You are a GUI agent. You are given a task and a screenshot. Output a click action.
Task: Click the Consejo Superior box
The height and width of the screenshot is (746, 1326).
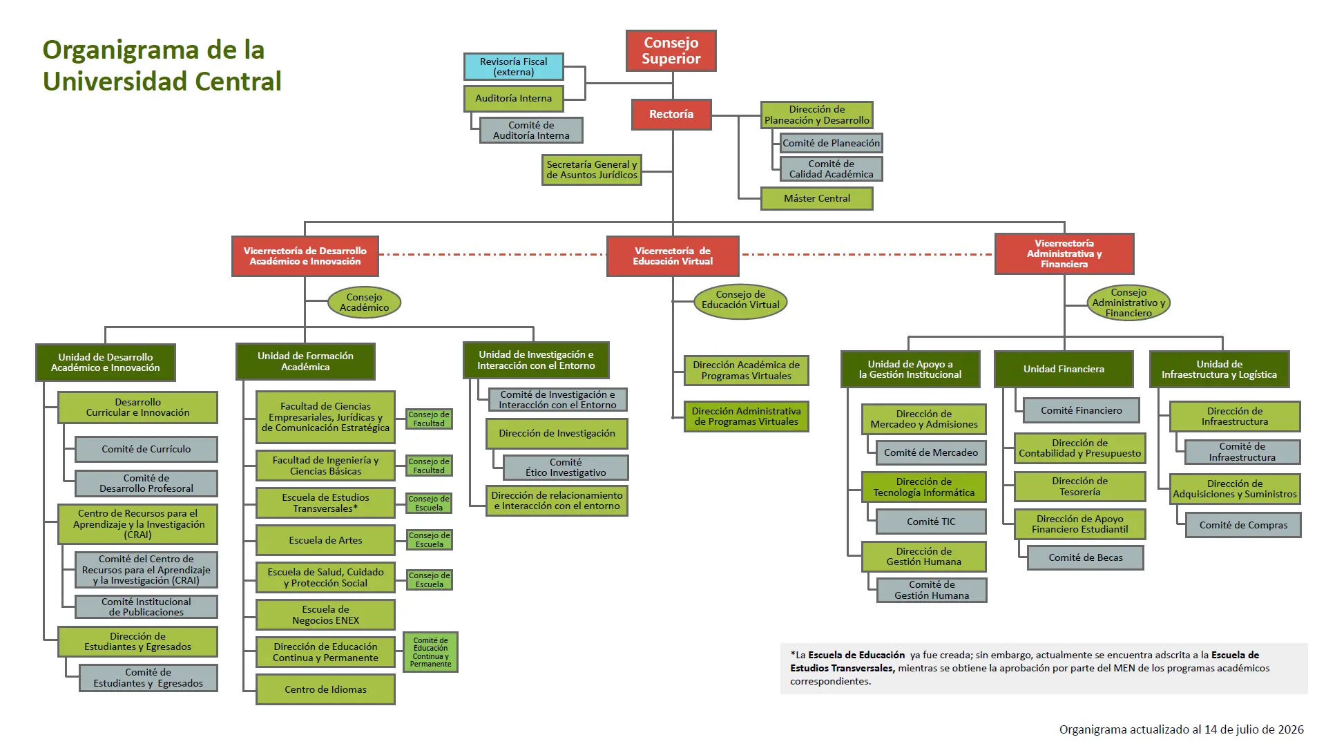671,50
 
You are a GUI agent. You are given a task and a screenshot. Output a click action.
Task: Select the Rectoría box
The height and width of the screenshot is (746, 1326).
671,114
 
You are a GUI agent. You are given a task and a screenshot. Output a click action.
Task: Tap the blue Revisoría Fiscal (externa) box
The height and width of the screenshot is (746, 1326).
514,67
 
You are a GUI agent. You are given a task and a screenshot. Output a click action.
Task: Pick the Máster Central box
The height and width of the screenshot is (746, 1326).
817,198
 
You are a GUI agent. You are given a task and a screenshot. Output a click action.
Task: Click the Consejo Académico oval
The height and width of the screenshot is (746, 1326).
364,303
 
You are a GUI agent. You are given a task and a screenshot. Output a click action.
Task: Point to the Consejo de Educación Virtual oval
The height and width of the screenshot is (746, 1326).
740,301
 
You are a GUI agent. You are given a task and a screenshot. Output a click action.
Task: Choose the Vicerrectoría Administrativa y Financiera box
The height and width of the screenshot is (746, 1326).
1064,254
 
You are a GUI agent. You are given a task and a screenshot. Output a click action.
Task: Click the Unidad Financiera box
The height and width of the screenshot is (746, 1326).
1064,369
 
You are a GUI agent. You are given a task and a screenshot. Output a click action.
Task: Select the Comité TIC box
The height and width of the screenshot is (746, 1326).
931,522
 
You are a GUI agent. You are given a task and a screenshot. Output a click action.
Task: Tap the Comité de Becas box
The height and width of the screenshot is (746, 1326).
1086,557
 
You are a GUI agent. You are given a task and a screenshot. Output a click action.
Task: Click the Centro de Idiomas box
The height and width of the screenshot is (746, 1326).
325,689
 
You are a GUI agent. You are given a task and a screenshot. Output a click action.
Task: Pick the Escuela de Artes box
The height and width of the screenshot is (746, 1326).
325,540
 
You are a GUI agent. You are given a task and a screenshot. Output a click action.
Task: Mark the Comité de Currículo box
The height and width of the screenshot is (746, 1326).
146,449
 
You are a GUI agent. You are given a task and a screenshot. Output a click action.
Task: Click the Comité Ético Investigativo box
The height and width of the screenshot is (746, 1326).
566,467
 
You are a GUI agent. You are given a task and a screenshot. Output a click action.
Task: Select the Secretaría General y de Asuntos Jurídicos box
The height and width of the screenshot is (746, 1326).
592,170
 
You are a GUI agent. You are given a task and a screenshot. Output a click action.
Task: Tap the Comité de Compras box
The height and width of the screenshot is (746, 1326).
1243,525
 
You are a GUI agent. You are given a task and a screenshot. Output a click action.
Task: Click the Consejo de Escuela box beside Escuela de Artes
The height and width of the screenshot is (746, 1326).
429,539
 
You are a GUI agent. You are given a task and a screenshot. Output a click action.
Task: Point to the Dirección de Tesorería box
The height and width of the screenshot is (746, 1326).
1079,486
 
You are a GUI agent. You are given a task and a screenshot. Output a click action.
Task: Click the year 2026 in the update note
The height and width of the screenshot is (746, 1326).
1290,729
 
